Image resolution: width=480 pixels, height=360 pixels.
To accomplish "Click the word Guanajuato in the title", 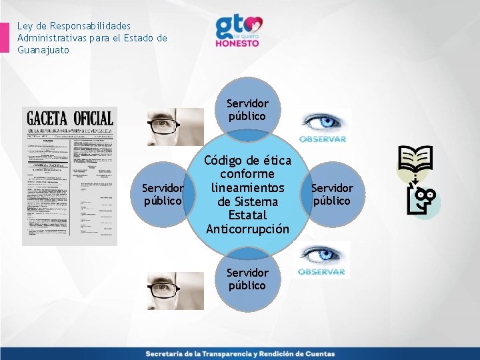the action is [43, 50].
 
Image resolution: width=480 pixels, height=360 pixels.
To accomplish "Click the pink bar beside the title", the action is [5, 37].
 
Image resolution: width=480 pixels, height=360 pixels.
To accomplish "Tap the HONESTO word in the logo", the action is [237, 42].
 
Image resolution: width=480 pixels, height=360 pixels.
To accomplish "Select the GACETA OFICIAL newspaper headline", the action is [70, 119].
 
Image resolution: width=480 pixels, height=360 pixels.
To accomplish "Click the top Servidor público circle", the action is [247, 109].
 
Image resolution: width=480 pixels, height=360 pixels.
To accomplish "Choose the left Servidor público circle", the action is [163, 193].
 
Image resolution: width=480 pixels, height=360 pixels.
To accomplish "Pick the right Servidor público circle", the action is [333, 194].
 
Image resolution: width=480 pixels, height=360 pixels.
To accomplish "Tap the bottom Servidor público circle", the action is [247, 279].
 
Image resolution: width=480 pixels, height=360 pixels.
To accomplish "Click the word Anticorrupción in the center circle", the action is [247, 229].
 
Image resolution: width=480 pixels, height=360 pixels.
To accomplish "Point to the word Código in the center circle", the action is [224, 161].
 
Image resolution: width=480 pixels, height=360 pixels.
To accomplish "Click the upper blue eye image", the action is [322, 123].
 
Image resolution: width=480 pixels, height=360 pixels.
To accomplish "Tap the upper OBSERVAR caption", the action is [323, 139].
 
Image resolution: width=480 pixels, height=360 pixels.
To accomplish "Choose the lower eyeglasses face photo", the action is [175, 291].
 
